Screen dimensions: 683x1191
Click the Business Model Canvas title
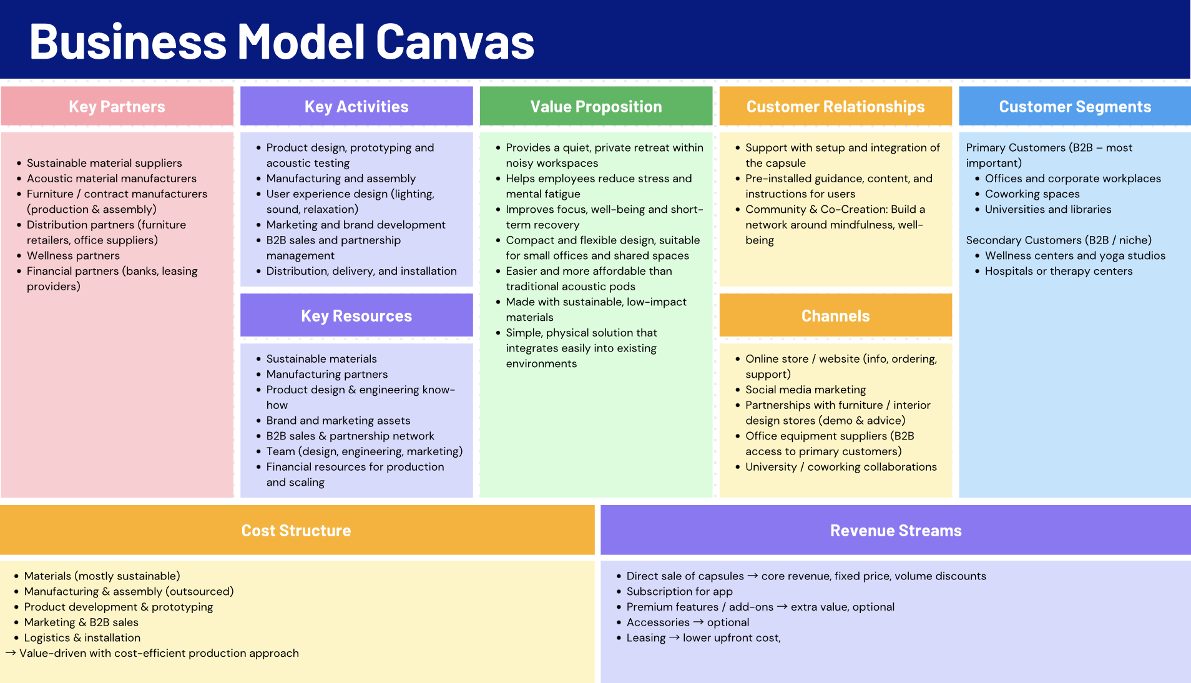pos(282,42)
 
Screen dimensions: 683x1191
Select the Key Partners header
pos(117,107)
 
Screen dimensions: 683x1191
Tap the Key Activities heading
pos(356,107)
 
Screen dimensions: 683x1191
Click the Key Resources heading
pos(356,316)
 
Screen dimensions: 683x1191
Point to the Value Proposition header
pos(596,107)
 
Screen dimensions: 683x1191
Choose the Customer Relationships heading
pos(835,107)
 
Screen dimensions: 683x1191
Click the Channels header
pos(835,316)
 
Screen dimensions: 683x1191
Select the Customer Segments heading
pos(1075,107)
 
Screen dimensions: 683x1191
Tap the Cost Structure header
pos(297,531)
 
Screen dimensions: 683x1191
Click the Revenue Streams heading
pos(896,531)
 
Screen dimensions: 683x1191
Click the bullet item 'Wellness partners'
pos(73,256)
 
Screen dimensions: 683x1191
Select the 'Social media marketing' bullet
pos(805,390)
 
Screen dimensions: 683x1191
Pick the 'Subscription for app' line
pos(679,591)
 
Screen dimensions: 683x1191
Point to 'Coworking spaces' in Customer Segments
pos(1032,194)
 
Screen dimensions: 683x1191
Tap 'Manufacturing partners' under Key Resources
pos(326,375)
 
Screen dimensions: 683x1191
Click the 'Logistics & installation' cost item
pos(82,638)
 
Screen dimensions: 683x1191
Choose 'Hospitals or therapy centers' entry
pos(1058,271)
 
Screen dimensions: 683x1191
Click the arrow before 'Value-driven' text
pos(11,653)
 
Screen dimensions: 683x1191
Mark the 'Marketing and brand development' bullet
pos(356,225)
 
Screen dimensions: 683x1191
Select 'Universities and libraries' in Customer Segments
pos(1047,210)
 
